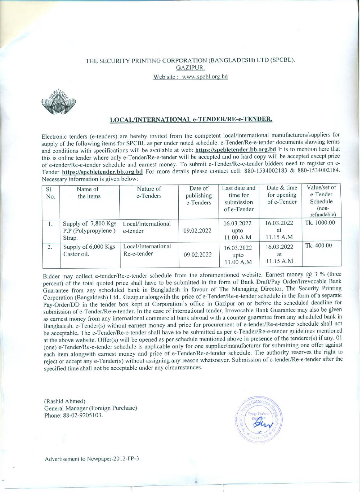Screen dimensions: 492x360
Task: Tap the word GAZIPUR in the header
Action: [191, 68]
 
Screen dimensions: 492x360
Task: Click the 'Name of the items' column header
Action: [89, 193]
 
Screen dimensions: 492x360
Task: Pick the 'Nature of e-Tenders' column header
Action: [149, 192]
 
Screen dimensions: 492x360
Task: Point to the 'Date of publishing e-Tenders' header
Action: [199, 196]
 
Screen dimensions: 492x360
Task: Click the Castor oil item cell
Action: [89, 251]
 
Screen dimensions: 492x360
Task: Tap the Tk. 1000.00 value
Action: [320, 223]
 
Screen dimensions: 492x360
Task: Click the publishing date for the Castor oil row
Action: [199, 254]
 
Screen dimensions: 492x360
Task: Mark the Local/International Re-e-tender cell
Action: [147, 250]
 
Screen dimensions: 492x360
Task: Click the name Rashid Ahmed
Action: [65, 401]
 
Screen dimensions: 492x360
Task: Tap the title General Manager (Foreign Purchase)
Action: [90, 408]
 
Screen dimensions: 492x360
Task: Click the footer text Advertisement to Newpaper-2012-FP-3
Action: [92, 459]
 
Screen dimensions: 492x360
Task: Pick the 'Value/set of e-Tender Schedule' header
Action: [321, 201]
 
